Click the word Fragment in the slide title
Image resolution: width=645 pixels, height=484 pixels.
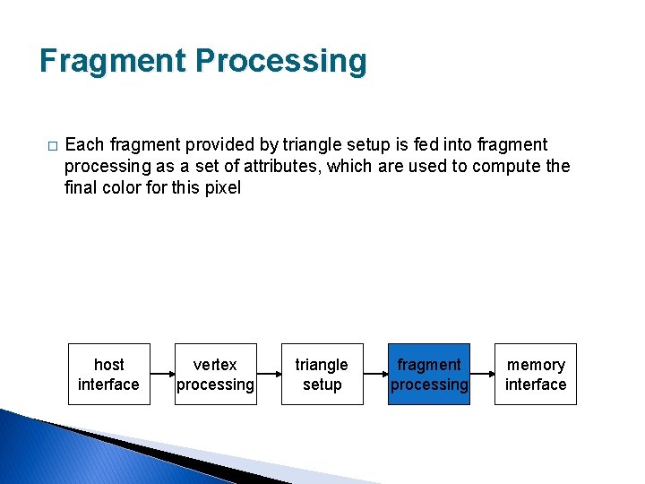tap(112, 61)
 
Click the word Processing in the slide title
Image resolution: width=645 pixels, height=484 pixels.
tap(281, 61)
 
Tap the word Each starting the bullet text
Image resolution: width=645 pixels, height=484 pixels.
tap(85, 145)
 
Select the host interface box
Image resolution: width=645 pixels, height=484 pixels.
tap(108, 375)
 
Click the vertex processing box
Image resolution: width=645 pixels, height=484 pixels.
tap(215, 375)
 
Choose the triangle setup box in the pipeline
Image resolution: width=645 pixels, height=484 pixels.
tap(322, 375)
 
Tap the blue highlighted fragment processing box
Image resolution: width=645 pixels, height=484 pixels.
tap(428, 375)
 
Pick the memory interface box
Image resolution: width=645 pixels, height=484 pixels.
tap(536, 375)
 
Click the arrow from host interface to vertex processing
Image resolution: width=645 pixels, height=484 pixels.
tap(162, 375)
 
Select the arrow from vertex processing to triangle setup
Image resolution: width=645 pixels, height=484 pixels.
tap(269, 375)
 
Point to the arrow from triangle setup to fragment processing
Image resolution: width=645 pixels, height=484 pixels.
tap(375, 375)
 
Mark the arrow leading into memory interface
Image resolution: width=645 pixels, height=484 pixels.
tap(482, 375)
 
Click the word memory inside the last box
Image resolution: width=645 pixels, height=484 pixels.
tap(536, 365)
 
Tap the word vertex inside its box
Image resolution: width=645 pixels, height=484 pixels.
tap(215, 365)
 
